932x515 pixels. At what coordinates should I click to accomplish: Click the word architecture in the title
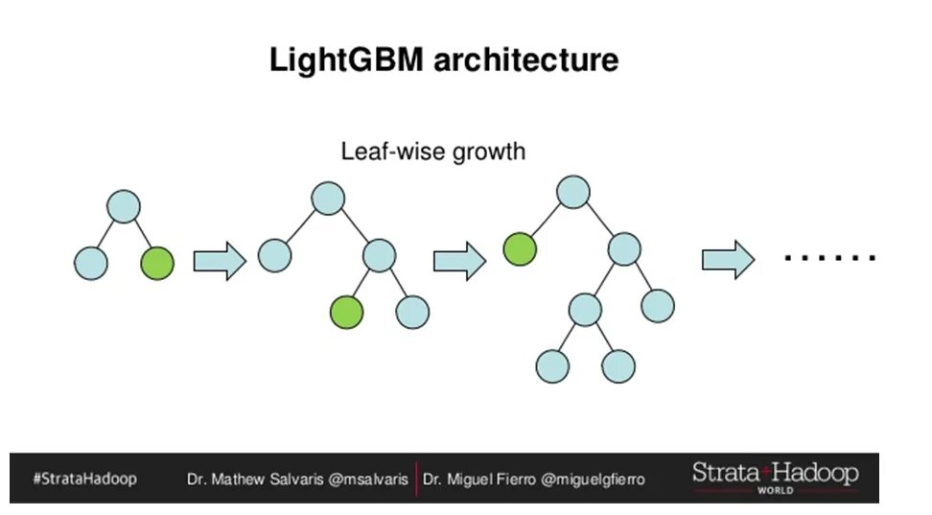click(526, 60)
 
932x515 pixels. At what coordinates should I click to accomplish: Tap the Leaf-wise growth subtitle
click(433, 151)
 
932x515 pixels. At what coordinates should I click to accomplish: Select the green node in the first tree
click(157, 263)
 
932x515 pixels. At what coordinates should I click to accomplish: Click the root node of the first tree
click(124, 206)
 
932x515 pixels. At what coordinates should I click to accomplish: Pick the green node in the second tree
click(347, 312)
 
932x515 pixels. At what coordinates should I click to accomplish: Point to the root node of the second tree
click(328, 199)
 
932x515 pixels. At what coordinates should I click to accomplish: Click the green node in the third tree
click(520, 249)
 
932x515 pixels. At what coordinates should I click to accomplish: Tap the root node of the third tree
click(573, 192)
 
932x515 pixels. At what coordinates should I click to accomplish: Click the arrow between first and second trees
click(220, 261)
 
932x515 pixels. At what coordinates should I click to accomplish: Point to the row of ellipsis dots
click(829, 258)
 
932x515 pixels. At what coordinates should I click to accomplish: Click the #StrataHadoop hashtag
click(84, 478)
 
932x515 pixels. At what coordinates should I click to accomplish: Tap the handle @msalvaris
click(369, 479)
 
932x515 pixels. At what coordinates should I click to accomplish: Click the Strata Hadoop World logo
click(775, 476)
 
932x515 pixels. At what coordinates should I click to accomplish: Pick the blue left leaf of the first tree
click(91, 263)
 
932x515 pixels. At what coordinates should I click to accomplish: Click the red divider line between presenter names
click(416, 479)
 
